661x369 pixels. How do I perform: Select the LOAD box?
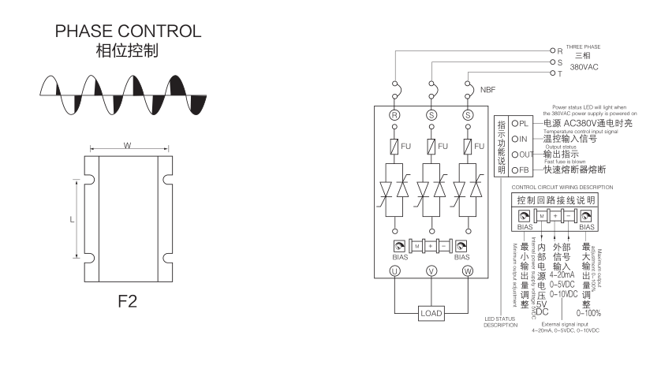(x=431, y=313)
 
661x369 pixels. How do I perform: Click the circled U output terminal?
(x=394, y=272)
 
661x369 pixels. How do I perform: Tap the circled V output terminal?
(x=431, y=272)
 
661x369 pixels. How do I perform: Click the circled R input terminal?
(x=394, y=114)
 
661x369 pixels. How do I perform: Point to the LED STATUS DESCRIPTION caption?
(x=500, y=322)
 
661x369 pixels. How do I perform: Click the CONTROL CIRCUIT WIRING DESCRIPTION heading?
(x=562, y=187)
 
